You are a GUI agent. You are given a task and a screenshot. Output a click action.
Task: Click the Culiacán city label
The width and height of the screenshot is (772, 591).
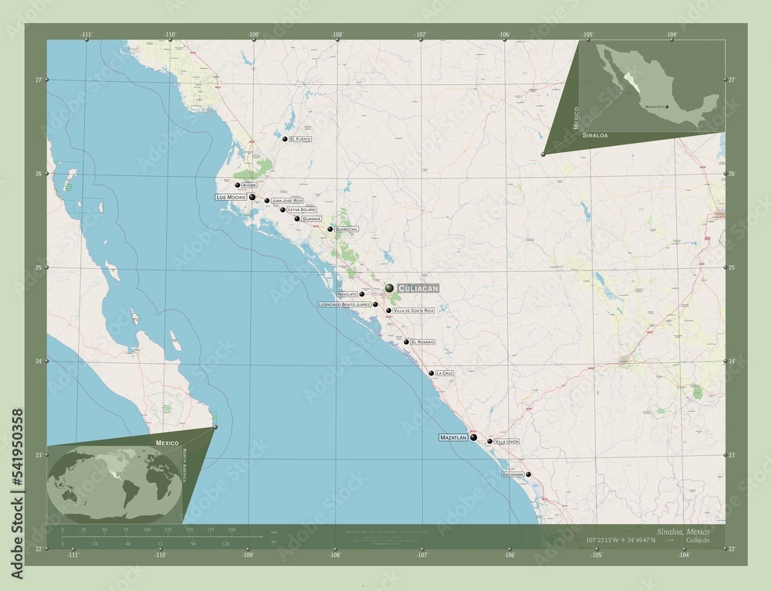[x=418, y=287]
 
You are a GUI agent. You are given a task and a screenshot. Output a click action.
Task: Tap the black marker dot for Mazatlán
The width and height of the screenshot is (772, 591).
[x=473, y=437]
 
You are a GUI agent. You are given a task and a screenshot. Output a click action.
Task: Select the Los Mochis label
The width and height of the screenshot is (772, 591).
[x=232, y=197]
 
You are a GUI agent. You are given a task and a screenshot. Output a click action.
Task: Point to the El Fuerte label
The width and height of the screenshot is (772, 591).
[x=300, y=139]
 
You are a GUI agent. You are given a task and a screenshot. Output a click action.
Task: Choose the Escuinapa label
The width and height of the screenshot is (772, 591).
[x=513, y=474]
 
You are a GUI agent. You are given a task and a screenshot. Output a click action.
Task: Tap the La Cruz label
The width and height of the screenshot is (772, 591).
[x=444, y=373]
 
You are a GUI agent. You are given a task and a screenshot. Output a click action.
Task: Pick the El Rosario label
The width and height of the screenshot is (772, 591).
[x=423, y=341]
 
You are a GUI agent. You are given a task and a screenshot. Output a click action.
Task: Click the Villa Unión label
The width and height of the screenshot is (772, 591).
[x=506, y=441]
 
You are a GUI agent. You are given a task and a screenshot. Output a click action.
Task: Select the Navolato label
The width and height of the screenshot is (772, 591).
[x=347, y=294]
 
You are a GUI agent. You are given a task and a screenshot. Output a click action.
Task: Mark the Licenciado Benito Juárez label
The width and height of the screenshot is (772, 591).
[x=344, y=304]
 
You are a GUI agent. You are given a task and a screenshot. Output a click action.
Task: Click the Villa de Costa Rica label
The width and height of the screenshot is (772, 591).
[x=414, y=311]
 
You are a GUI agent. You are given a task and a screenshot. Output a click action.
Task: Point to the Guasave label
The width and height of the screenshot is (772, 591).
[x=311, y=219]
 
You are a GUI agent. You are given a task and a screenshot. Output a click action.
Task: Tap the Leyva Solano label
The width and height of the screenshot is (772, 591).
[x=302, y=209]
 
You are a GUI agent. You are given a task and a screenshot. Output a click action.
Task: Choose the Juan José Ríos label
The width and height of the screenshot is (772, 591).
[x=287, y=201]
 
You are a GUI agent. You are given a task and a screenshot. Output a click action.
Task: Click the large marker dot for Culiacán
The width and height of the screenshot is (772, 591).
[x=390, y=287]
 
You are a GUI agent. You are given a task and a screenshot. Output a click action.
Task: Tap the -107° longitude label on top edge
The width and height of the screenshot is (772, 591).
[x=421, y=35]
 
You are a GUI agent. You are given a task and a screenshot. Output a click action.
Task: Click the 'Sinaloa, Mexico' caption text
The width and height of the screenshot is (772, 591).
[x=679, y=533]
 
